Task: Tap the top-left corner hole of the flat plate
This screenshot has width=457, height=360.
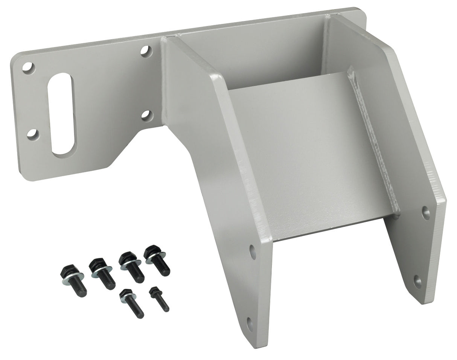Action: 28,68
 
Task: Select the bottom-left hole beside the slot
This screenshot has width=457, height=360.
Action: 32,134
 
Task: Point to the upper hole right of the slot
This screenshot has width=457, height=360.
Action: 146,51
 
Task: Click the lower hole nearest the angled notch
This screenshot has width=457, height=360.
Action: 147,115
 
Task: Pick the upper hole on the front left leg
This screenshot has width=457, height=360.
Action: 253,252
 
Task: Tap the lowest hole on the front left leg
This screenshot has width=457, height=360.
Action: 250,324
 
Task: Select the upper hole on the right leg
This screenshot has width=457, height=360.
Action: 426,213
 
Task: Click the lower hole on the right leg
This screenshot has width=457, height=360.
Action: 418,281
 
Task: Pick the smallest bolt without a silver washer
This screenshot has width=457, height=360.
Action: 159,299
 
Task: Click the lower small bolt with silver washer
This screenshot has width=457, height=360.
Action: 131,304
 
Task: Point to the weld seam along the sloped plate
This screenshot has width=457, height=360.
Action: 375,143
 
